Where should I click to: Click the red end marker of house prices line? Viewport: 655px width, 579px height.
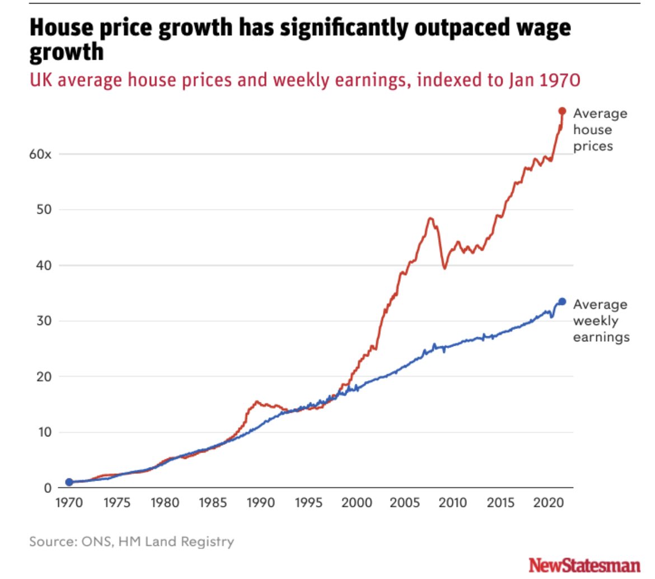tap(562, 111)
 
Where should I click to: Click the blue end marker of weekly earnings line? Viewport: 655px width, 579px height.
tap(562, 302)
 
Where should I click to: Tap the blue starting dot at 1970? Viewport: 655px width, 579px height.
tap(69, 482)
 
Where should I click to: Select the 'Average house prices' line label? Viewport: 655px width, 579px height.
tap(600, 130)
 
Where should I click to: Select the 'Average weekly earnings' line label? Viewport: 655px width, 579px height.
tap(601, 321)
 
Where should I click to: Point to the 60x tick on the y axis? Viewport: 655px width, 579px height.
tap(40, 154)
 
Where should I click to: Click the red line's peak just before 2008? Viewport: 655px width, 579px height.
tap(430, 218)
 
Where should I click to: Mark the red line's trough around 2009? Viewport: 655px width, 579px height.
tap(445, 268)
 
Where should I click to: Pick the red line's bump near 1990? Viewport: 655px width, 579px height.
tap(257, 401)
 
